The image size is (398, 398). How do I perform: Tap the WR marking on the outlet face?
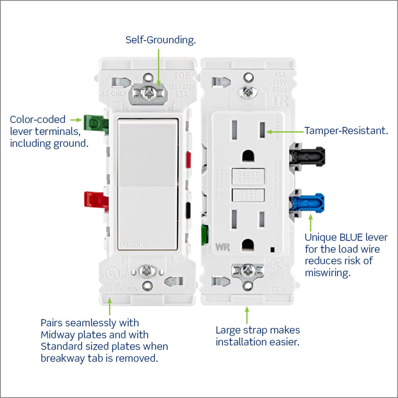pos(222,247)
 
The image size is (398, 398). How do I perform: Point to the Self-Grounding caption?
pos(161,40)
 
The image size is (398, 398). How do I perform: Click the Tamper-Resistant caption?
pos(346,131)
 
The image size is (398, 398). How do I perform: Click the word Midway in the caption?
pos(62,335)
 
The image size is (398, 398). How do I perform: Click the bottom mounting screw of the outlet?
pos(248,271)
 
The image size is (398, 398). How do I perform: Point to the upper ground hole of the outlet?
pos(248,155)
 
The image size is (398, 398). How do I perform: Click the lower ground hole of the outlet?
pos(248,244)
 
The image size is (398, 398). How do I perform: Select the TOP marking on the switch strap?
pos(181,76)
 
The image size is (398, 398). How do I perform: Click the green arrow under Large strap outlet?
pos(247,315)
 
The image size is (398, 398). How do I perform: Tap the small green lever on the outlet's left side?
pos(205,234)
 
